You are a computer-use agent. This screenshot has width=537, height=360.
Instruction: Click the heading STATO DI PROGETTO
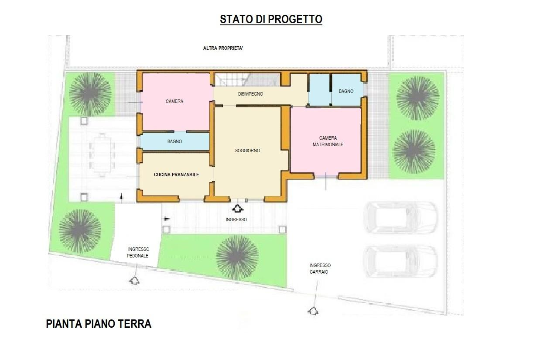pos(271,20)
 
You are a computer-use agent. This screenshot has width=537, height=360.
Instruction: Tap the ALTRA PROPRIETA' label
pos(223,48)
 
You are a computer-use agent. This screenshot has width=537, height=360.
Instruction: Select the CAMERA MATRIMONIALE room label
pos(328,141)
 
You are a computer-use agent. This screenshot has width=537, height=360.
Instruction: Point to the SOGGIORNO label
pos(247,151)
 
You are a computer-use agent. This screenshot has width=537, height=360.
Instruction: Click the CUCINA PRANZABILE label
pos(176,175)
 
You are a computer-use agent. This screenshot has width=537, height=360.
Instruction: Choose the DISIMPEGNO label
pos(250,94)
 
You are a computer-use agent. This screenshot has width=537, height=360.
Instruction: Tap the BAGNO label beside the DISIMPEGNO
pos(346,91)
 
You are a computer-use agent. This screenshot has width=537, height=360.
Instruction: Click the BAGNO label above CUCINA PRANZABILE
pos(174,141)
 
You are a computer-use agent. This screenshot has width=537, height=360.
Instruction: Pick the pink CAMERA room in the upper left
pos(174,101)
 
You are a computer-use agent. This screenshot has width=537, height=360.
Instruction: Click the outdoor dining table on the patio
pos(103,153)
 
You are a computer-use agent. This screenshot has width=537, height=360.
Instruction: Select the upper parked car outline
pos(400,217)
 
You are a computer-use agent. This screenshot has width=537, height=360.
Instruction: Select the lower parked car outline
pos(400,261)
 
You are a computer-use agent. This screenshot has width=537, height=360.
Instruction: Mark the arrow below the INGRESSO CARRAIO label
pos(313,311)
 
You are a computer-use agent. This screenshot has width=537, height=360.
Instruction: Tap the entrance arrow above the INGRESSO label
pos(238,209)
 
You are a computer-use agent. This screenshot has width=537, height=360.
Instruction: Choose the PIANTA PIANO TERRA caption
pos(99,324)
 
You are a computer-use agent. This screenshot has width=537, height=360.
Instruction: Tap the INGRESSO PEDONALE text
pos(138,252)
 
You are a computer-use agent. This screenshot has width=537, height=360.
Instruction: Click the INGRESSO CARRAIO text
pos(320,268)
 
